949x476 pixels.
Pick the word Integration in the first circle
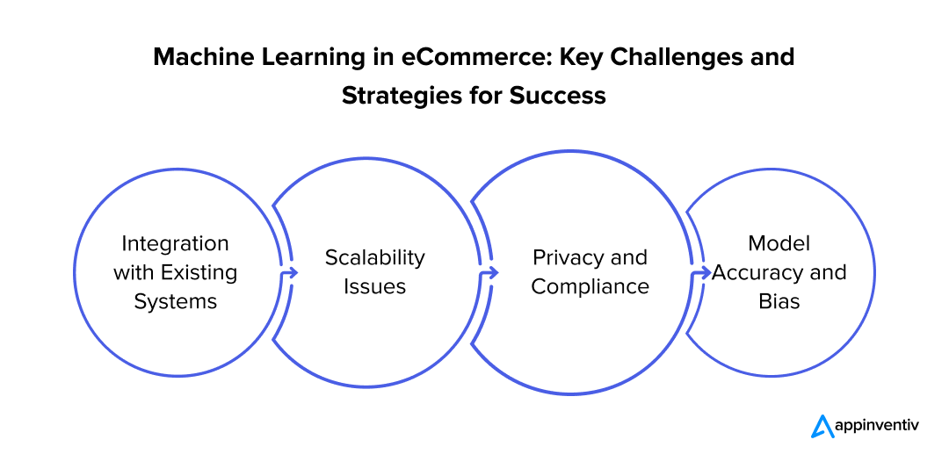(175, 243)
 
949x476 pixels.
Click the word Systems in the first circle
(175, 301)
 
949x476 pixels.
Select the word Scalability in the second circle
(374, 257)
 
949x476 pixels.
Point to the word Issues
(374, 286)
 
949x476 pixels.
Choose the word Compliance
(590, 286)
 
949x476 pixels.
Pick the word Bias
(778, 301)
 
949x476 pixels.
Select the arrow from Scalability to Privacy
(488, 273)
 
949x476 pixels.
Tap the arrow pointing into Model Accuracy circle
(701, 273)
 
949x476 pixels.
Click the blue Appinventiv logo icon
(822, 426)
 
